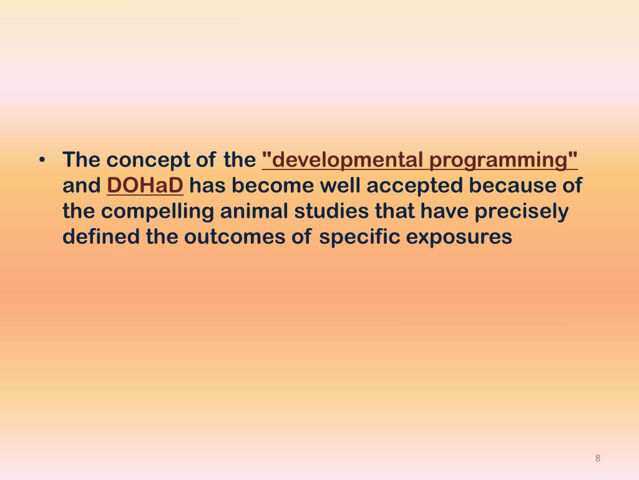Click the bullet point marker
click(42, 160)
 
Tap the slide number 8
click(597, 458)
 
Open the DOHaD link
click(145, 186)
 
